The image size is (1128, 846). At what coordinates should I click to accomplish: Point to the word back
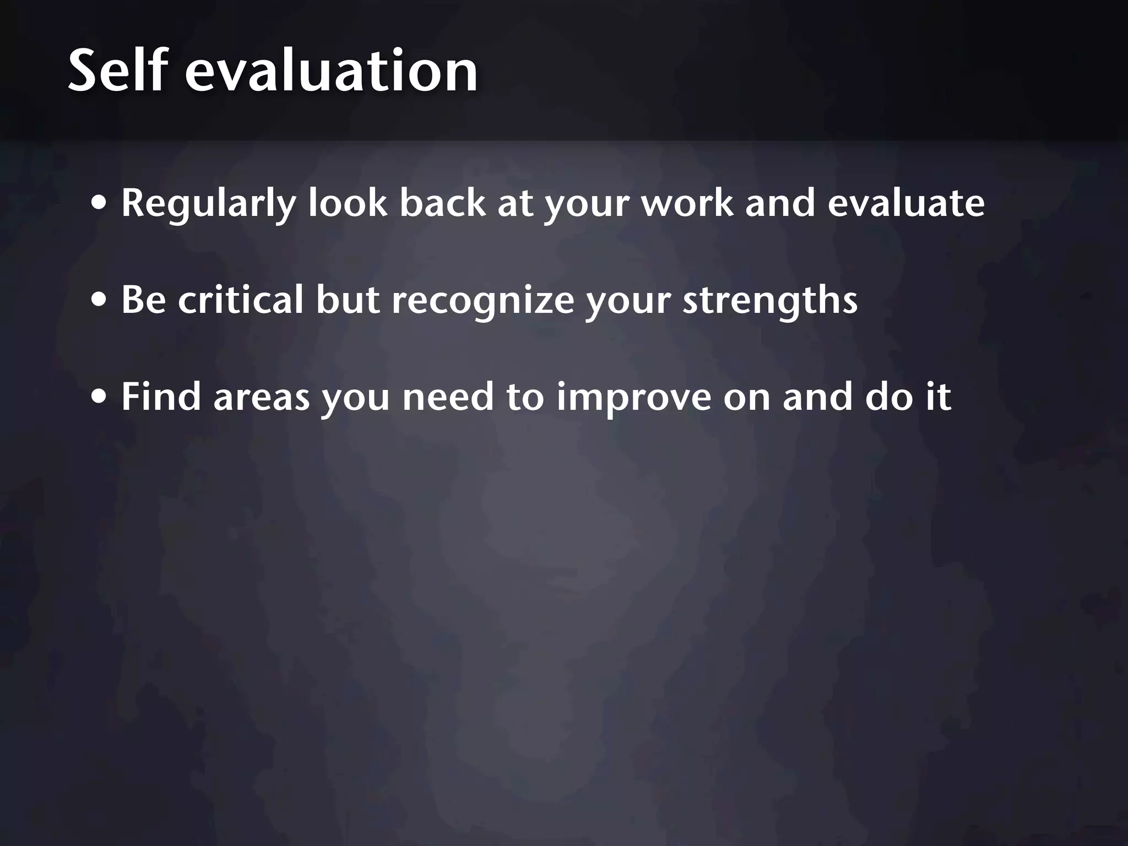(x=442, y=203)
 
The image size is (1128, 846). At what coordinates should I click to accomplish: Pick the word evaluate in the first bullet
(x=905, y=203)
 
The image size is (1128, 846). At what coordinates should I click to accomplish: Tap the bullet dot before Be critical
(x=100, y=301)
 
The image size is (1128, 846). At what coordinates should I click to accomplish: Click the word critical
(x=241, y=300)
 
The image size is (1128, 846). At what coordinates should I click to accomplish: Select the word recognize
(x=482, y=301)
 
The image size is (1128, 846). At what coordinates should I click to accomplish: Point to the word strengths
(x=770, y=301)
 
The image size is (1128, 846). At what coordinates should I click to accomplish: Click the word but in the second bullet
(x=348, y=300)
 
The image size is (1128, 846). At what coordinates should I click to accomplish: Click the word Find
(x=161, y=397)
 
